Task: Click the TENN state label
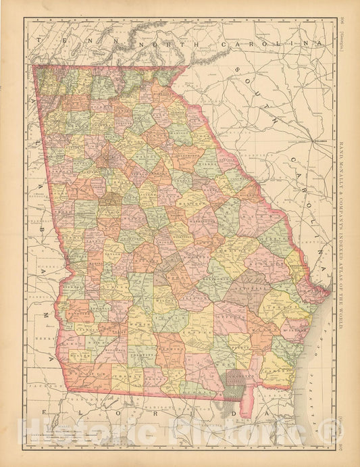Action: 65,41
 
